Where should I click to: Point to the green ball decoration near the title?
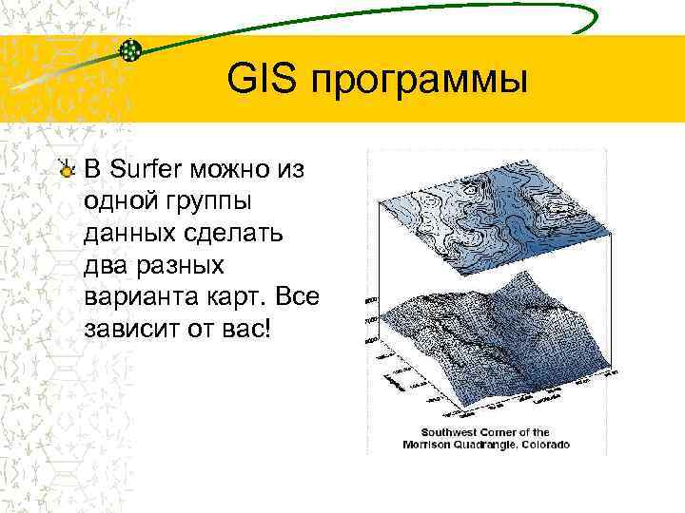(x=133, y=49)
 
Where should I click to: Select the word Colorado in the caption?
(x=540, y=445)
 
